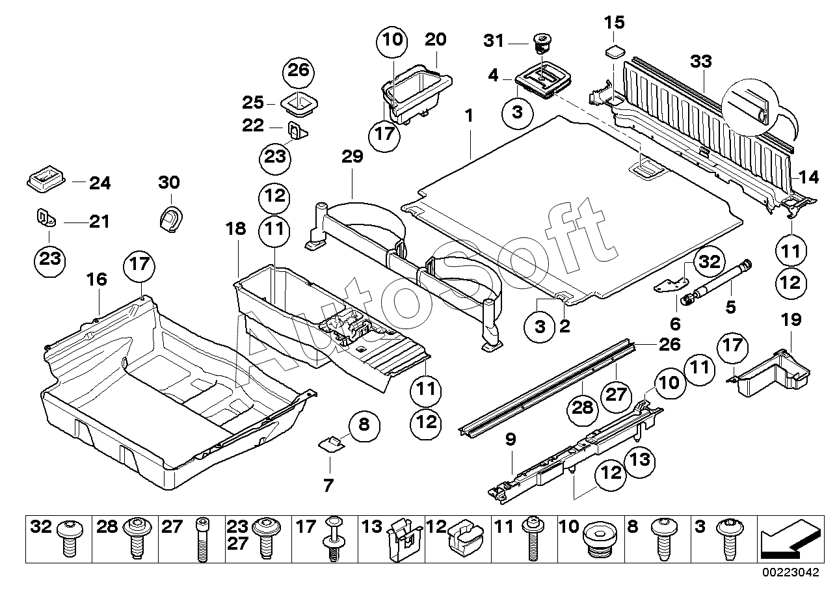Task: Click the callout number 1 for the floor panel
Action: [x=469, y=116]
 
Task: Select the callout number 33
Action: [x=701, y=62]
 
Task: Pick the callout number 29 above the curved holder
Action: [x=352, y=157]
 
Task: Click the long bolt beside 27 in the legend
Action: [x=202, y=539]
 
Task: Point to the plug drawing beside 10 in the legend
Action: [x=597, y=539]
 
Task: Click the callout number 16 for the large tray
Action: [x=97, y=280]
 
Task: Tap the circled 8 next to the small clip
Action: [x=364, y=425]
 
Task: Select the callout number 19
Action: [x=791, y=320]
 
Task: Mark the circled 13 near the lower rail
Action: [x=640, y=460]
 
